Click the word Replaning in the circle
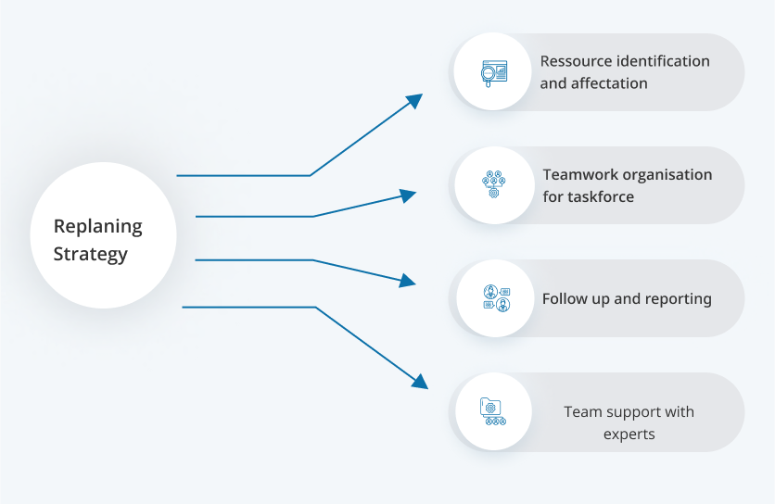pos(98,226)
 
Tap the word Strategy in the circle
pos(90,254)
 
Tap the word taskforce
pos(601,196)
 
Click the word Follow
pos(565,298)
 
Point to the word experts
pos(629,434)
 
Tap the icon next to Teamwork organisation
pos(493,185)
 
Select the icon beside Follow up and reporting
pos(495,298)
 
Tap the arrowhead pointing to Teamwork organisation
pos(409,195)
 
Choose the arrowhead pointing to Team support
pos(420,381)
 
